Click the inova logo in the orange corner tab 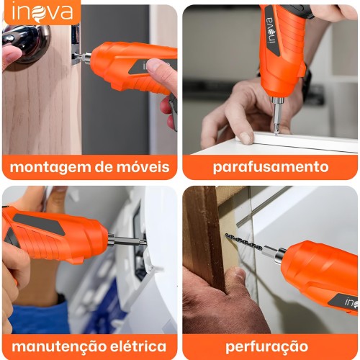point(42,12)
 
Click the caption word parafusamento point(271,167)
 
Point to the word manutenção point(58,346)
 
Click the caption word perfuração point(267,347)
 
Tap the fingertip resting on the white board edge point(245,138)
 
